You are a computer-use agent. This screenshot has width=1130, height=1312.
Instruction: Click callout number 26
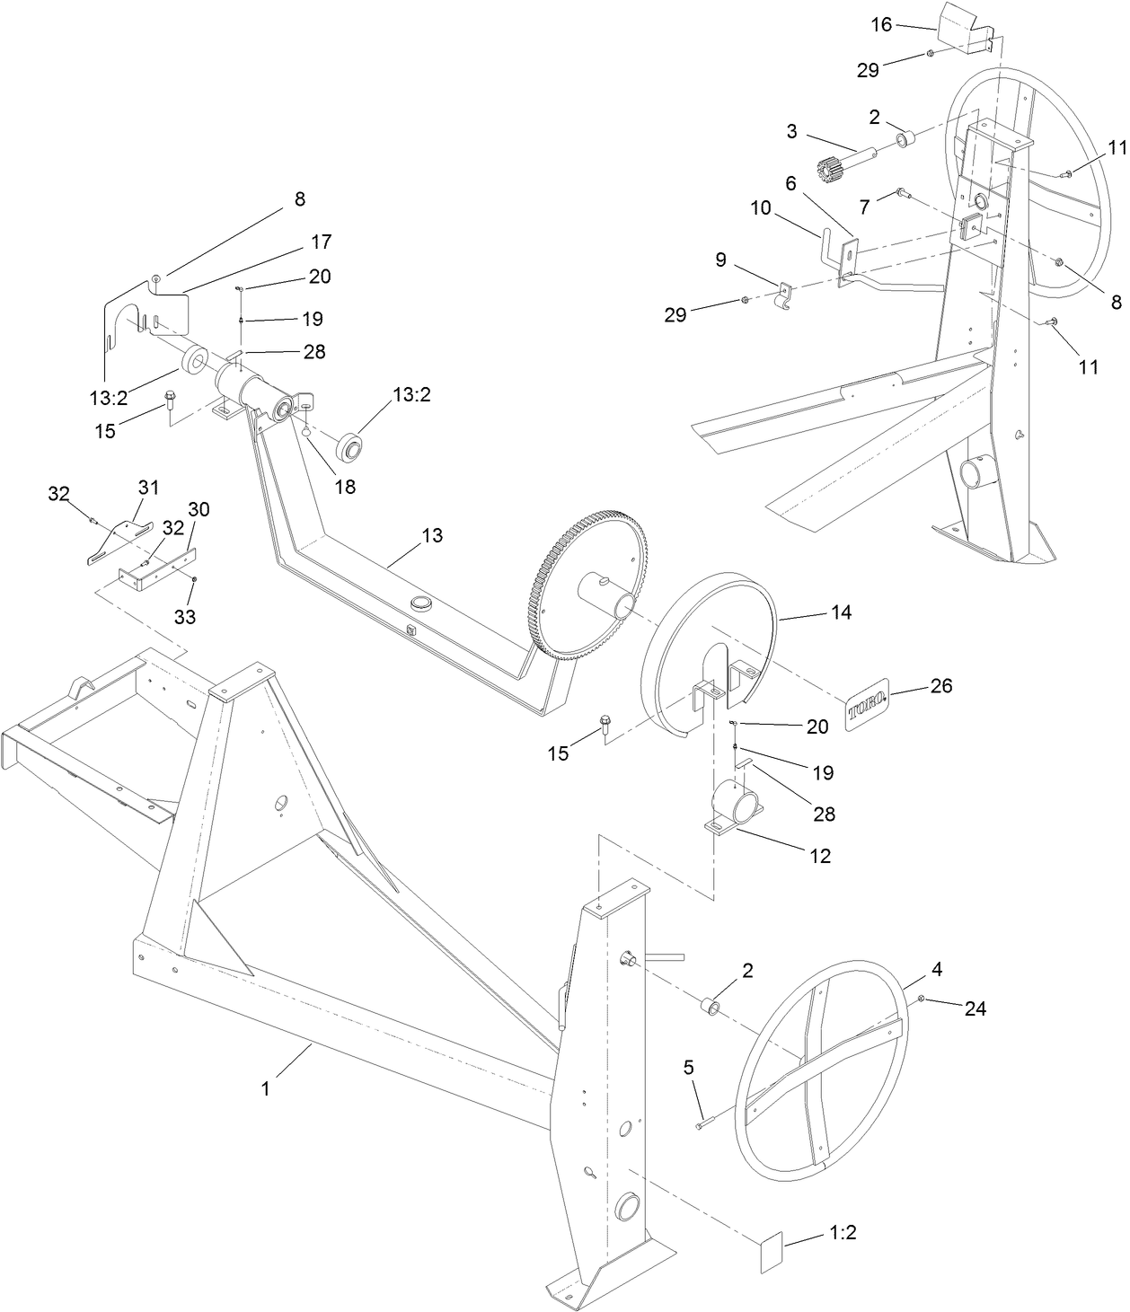pos(940,686)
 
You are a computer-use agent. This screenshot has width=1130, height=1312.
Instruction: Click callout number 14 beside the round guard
pos(842,612)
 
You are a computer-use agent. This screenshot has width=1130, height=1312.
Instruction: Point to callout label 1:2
pos(842,1233)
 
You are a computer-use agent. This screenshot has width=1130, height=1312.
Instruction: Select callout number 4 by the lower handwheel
pos(936,970)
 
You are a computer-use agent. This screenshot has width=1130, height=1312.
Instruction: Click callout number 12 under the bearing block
pos(819,856)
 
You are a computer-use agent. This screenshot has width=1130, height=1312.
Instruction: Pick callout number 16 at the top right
pos(882,25)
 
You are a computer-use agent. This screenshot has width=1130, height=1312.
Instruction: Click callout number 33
pos(184,617)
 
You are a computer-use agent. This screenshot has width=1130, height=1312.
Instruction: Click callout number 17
pos(322,242)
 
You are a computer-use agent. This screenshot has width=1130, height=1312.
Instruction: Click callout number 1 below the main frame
pos(265,1088)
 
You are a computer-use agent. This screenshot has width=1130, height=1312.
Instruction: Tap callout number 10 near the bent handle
pos(761,207)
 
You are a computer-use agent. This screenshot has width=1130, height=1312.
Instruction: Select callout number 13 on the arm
pos(432,535)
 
